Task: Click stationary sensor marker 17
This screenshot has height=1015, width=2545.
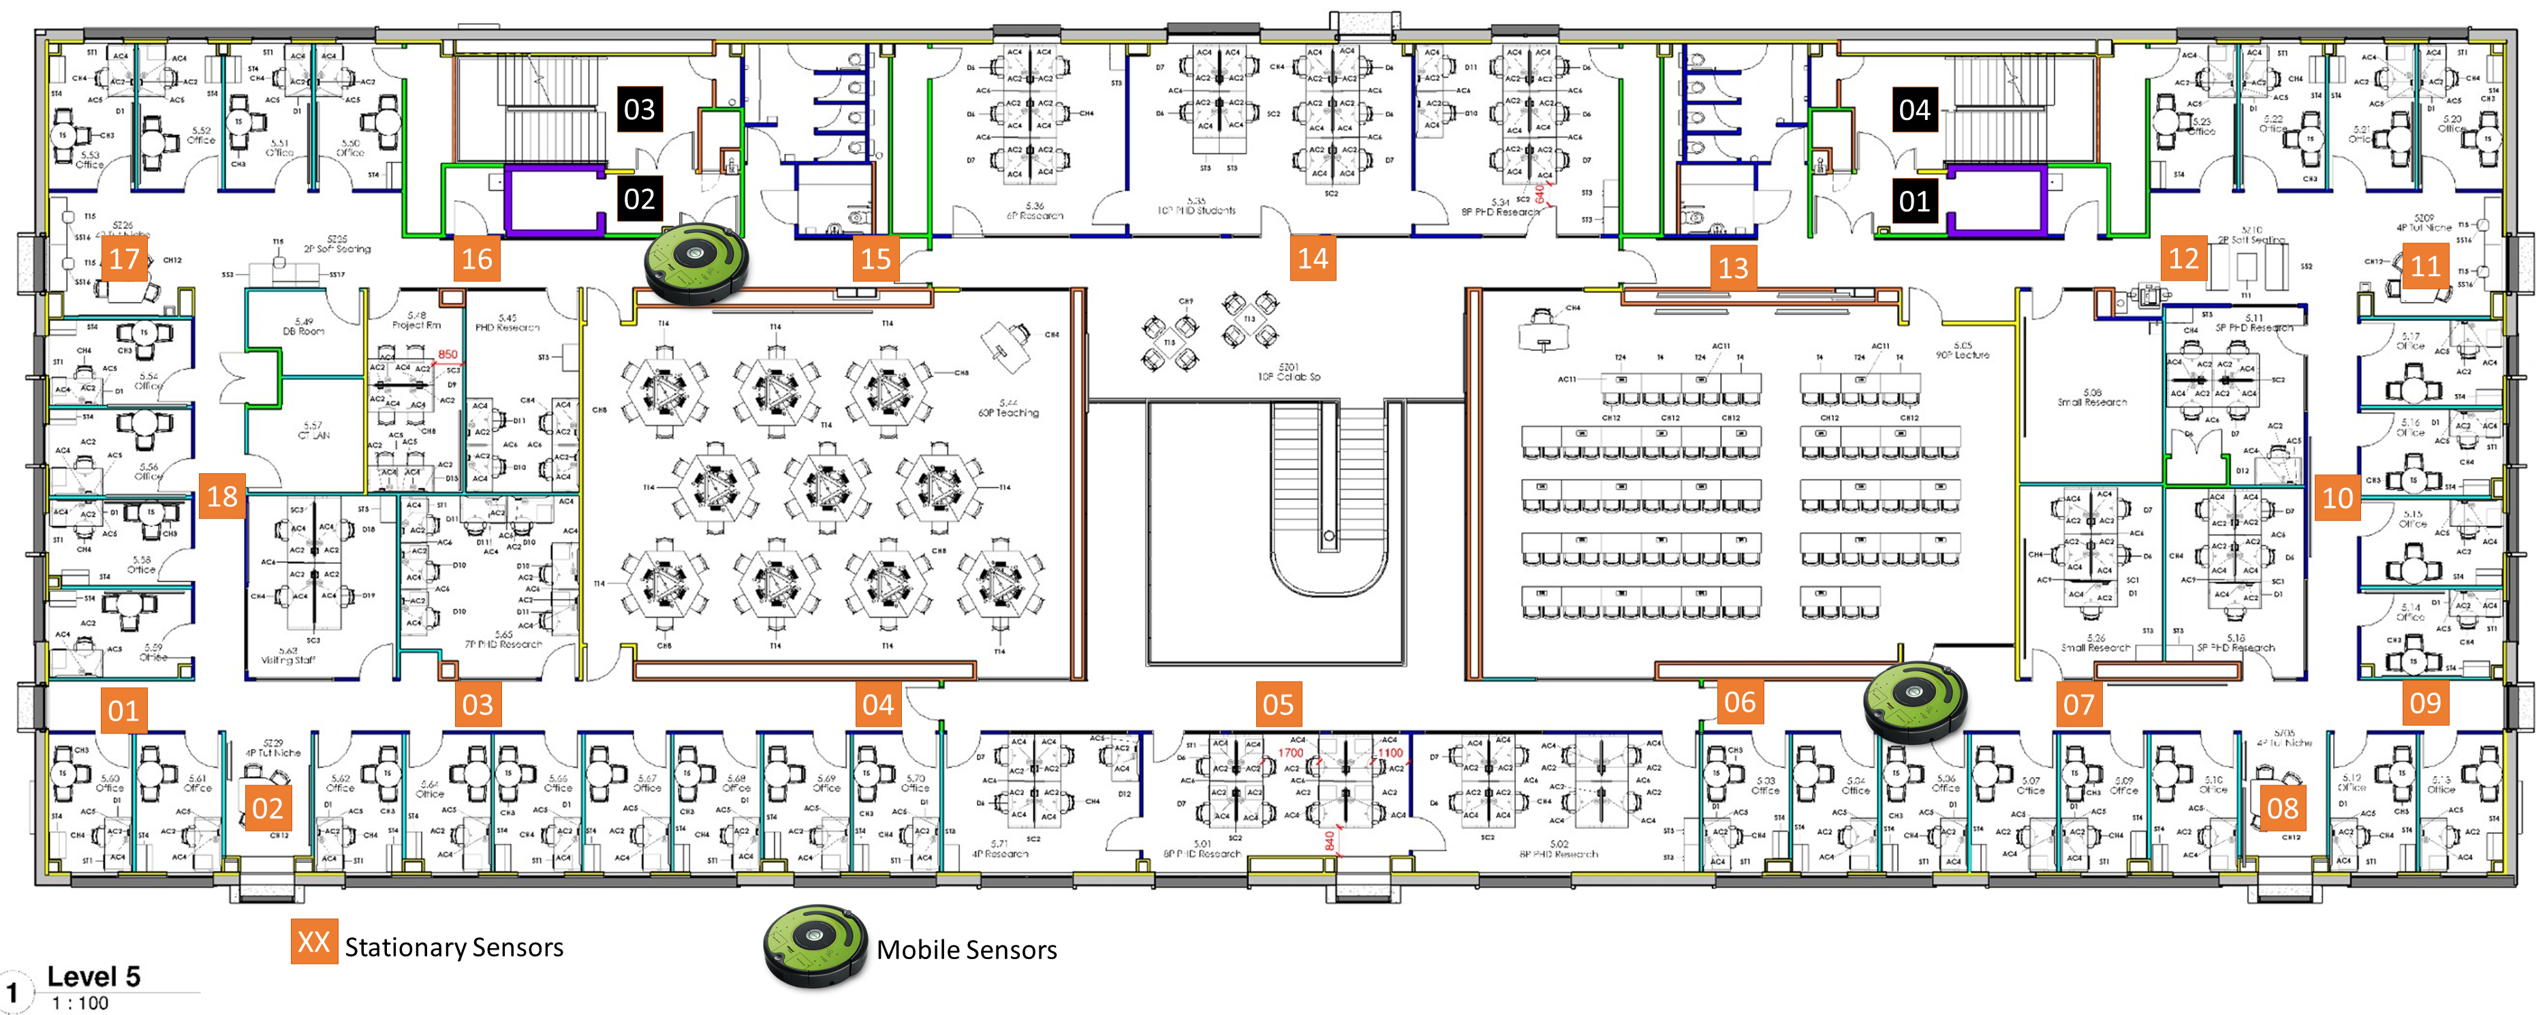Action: [x=125, y=260]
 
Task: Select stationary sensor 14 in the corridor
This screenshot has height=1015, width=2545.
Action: [x=1312, y=259]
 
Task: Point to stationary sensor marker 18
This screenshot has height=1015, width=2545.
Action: [x=221, y=496]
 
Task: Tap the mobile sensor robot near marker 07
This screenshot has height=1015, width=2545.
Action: [x=1915, y=701]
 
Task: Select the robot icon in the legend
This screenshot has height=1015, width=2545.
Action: [x=815, y=946]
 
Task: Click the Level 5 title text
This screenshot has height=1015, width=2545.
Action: [x=94, y=976]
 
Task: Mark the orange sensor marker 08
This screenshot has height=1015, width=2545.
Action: [x=2281, y=808]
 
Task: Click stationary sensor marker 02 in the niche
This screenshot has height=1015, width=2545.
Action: [x=267, y=808]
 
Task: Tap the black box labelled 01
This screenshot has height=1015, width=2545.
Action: [x=1914, y=202]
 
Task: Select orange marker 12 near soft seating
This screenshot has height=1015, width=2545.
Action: [x=2183, y=259]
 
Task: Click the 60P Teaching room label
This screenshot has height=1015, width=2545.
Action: [x=1008, y=408]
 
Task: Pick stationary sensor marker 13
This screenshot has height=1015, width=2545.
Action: [x=1733, y=268]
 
